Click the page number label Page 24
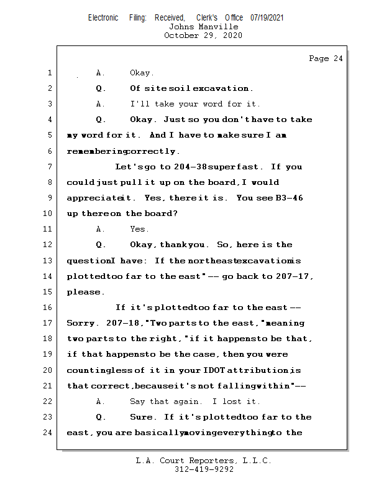tap(326, 59)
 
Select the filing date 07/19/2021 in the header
tap(267, 18)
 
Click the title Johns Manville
tap(203, 27)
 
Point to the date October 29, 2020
tap(203, 35)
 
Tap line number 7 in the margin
tap(50, 167)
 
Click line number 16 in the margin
tap(48, 308)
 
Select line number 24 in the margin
tap(48, 433)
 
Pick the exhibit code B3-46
tap(289, 198)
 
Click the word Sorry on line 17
tap(81, 324)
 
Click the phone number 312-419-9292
tap(203, 469)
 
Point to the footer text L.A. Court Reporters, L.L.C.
tap(203, 461)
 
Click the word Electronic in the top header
tap(103, 18)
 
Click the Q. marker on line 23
tap(101, 417)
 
